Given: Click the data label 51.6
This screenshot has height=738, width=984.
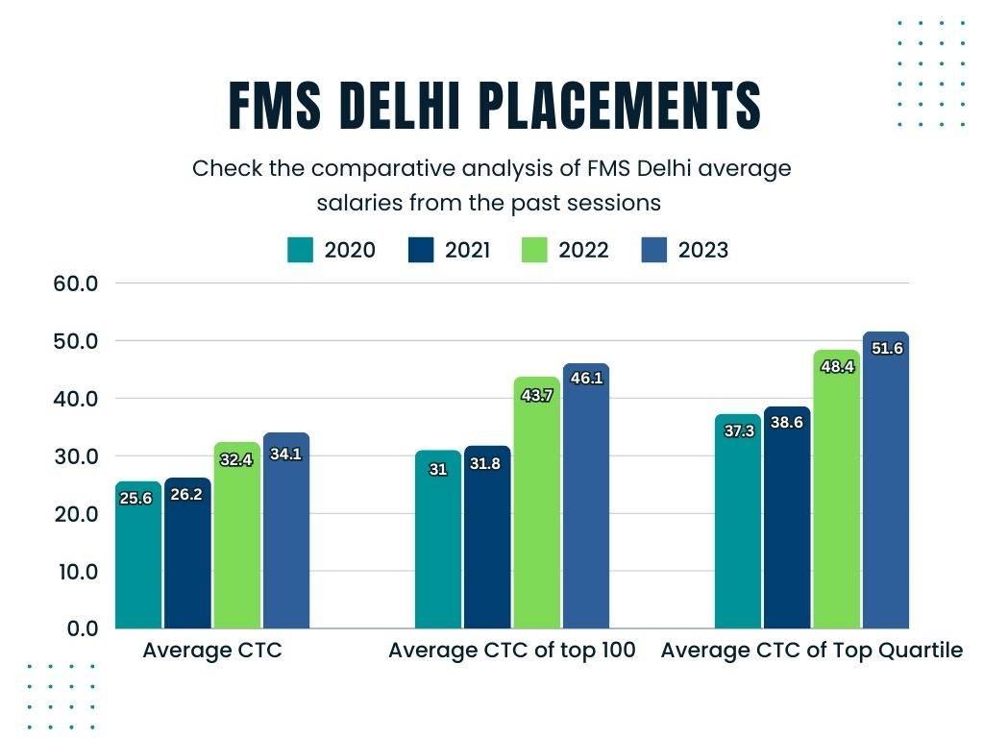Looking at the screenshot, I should click(x=885, y=349).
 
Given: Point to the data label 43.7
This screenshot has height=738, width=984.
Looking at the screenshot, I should click(x=535, y=394).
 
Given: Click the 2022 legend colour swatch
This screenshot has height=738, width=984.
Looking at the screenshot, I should click(x=534, y=250).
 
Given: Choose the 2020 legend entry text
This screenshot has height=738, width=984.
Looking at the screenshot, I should click(x=350, y=250).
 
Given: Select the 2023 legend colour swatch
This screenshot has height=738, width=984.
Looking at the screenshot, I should click(x=653, y=250).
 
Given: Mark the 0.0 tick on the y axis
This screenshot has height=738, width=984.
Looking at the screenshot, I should click(x=81, y=628).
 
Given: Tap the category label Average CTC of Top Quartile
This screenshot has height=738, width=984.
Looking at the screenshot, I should click(x=811, y=651).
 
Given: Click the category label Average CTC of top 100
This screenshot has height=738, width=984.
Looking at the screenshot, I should click(x=511, y=651).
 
